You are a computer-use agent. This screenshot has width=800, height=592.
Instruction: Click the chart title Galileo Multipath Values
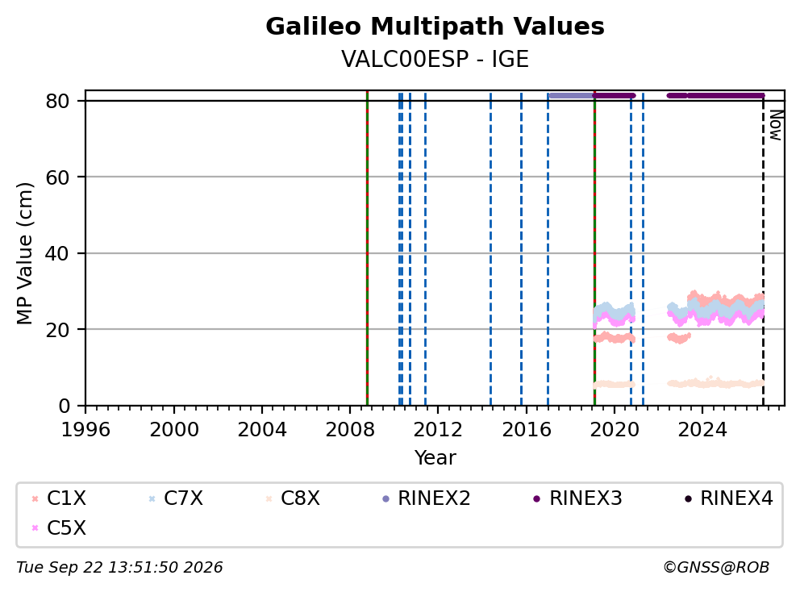point(435,27)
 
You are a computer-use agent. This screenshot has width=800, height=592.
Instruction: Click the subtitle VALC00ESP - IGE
point(435,59)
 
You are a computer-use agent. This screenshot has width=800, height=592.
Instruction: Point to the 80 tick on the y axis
point(57,101)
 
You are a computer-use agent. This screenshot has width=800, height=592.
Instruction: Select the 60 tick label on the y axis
point(57,177)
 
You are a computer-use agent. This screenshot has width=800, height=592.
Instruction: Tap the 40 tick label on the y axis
point(57,253)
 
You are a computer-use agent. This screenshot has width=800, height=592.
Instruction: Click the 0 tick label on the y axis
point(64,406)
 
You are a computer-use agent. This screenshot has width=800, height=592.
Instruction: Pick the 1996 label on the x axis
point(85,430)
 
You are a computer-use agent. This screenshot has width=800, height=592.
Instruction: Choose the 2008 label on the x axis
point(350,430)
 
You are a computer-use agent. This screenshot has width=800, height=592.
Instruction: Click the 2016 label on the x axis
point(526,430)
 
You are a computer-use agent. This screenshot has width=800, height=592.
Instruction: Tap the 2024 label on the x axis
point(702,430)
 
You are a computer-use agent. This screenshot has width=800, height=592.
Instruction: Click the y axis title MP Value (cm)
point(24,253)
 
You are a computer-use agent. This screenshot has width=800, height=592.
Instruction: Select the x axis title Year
point(435,458)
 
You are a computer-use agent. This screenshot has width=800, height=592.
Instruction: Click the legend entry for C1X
point(59,498)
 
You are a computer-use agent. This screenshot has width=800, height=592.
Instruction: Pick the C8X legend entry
point(293,498)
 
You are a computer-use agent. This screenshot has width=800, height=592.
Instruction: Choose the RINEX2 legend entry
point(426,498)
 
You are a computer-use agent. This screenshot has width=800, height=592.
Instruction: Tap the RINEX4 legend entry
point(729,498)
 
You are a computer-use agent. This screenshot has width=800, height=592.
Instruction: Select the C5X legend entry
point(59,527)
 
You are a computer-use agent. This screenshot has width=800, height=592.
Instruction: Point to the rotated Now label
point(776,126)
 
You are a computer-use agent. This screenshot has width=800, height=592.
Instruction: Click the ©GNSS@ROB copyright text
point(716,567)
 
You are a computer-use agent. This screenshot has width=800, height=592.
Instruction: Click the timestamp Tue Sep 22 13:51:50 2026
point(119,567)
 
